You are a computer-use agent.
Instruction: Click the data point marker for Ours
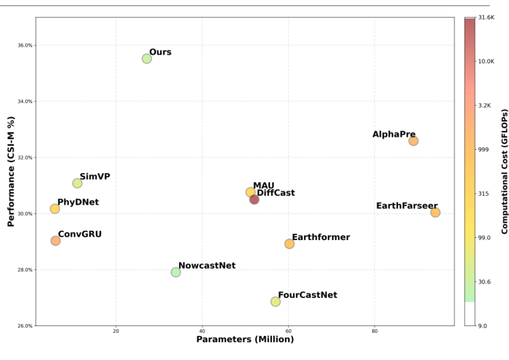click(146, 59)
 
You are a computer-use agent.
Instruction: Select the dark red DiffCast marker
click(254, 200)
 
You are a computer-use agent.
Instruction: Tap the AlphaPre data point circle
click(414, 141)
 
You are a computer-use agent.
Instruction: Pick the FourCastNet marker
click(275, 301)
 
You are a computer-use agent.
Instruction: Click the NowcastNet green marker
click(176, 272)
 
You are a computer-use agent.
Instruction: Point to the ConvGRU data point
click(55, 241)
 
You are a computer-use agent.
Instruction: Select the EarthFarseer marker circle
click(435, 213)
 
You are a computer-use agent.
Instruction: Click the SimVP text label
click(95, 177)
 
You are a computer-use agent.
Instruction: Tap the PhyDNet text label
click(78, 202)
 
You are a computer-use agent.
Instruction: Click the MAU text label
click(263, 186)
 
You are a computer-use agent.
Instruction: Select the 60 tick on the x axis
click(288, 331)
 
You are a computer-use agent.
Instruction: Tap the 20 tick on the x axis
click(116, 331)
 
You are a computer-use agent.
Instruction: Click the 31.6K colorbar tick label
click(487, 18)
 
